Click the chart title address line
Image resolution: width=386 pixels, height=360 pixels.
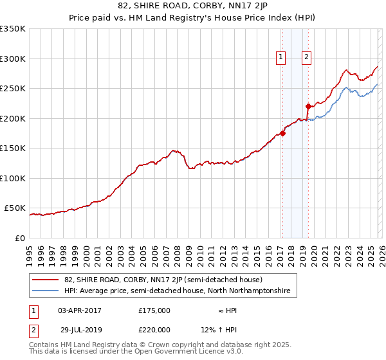[192, 6]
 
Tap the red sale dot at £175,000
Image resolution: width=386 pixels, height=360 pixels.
[282, 134]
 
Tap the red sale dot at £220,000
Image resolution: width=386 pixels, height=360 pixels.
[308, 106]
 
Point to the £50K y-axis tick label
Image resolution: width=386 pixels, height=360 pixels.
[15, 208]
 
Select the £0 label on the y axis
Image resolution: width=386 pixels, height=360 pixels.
[20, 239]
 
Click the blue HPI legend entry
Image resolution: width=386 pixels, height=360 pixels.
[177, 291]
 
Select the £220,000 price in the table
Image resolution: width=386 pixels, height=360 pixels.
[154, 329]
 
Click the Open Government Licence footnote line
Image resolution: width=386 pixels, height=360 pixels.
[136, 352]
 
